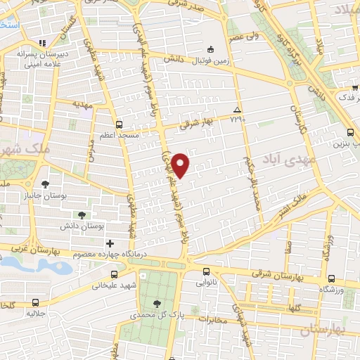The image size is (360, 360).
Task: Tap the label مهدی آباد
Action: [x=279, y=161]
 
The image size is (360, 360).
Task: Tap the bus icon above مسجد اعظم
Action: [x=118, y=122]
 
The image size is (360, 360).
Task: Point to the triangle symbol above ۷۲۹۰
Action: [x=237, y=110]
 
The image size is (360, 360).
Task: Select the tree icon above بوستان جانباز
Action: [x=46, y=184]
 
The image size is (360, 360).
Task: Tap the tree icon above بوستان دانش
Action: [x=82, y=214]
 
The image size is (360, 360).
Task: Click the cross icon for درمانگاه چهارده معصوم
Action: [x=110, y=243]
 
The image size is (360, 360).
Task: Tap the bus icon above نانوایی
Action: [x=205, y=272]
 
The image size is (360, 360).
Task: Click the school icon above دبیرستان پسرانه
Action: [x=42, y=41]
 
